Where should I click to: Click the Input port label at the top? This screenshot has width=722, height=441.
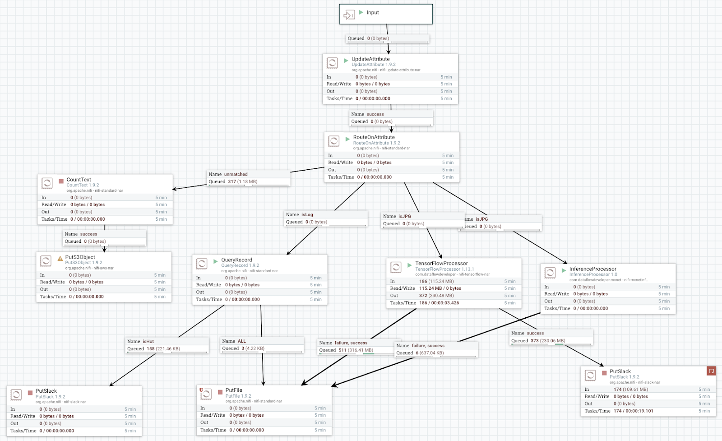point(372,13)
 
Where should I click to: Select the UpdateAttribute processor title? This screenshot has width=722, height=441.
point(370,59)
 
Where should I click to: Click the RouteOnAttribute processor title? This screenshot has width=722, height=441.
point(374,137)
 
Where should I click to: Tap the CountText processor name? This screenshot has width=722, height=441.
point(79,180)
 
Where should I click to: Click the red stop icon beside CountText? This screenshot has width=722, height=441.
point(61,181)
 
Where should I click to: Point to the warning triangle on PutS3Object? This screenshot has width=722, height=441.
point(60,259)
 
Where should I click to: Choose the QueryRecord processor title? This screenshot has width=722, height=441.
point(236,260)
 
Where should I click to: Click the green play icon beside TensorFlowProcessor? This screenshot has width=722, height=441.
point(410,265)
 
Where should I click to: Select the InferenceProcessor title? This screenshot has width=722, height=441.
point(592,269)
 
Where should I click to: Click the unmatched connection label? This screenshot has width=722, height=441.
point(236,174)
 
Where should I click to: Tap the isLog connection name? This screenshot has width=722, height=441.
point(307,215)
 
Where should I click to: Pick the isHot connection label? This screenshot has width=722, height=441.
point(148,342)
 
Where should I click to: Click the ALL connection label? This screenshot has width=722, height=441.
point(241,341)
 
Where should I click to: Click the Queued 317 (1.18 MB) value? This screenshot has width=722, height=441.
point(242,181)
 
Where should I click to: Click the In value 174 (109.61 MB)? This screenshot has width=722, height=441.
point(630,389)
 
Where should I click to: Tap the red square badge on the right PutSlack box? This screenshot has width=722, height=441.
point(711,371)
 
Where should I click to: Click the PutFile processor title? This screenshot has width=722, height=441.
point(234,390)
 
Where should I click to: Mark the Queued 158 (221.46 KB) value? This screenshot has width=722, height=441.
point(163,349)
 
